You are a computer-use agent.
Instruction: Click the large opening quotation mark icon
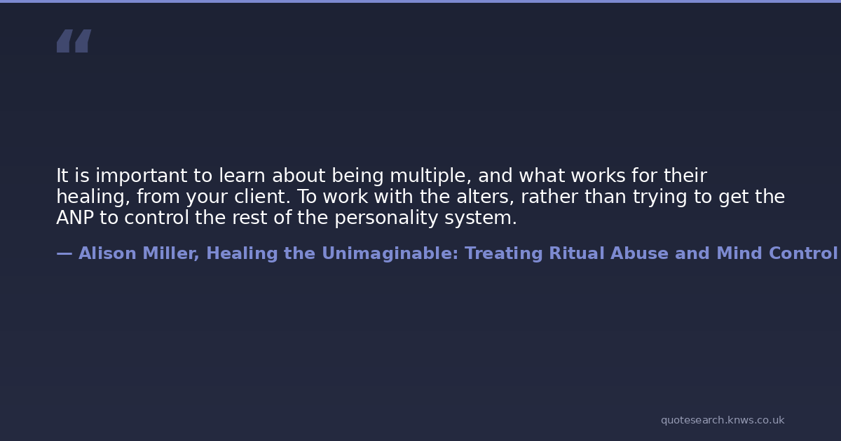click(x=74, y=41)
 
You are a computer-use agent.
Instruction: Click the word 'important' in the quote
click(x=142, y=176)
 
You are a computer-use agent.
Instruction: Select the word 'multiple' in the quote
click(x=430, y=176)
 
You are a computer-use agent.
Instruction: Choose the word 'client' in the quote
click(x=262, y=197)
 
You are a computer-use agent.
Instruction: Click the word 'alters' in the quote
click(x=485, y=197)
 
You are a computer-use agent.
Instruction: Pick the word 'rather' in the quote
click(x=549, y=197)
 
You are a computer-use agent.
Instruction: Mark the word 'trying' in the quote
click(x=660, y=197)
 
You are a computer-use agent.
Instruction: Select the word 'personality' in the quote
click(x=386, y=218)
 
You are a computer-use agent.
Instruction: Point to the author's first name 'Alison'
click(x=107, y=253)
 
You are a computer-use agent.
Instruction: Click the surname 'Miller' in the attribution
click(x=171, y=253)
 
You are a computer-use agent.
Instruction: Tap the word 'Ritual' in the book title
click(x=576, y=253)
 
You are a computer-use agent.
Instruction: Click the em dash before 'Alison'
click(x=64, y=254)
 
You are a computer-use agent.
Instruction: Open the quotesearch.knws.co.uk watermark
click(x=723, y=421)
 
